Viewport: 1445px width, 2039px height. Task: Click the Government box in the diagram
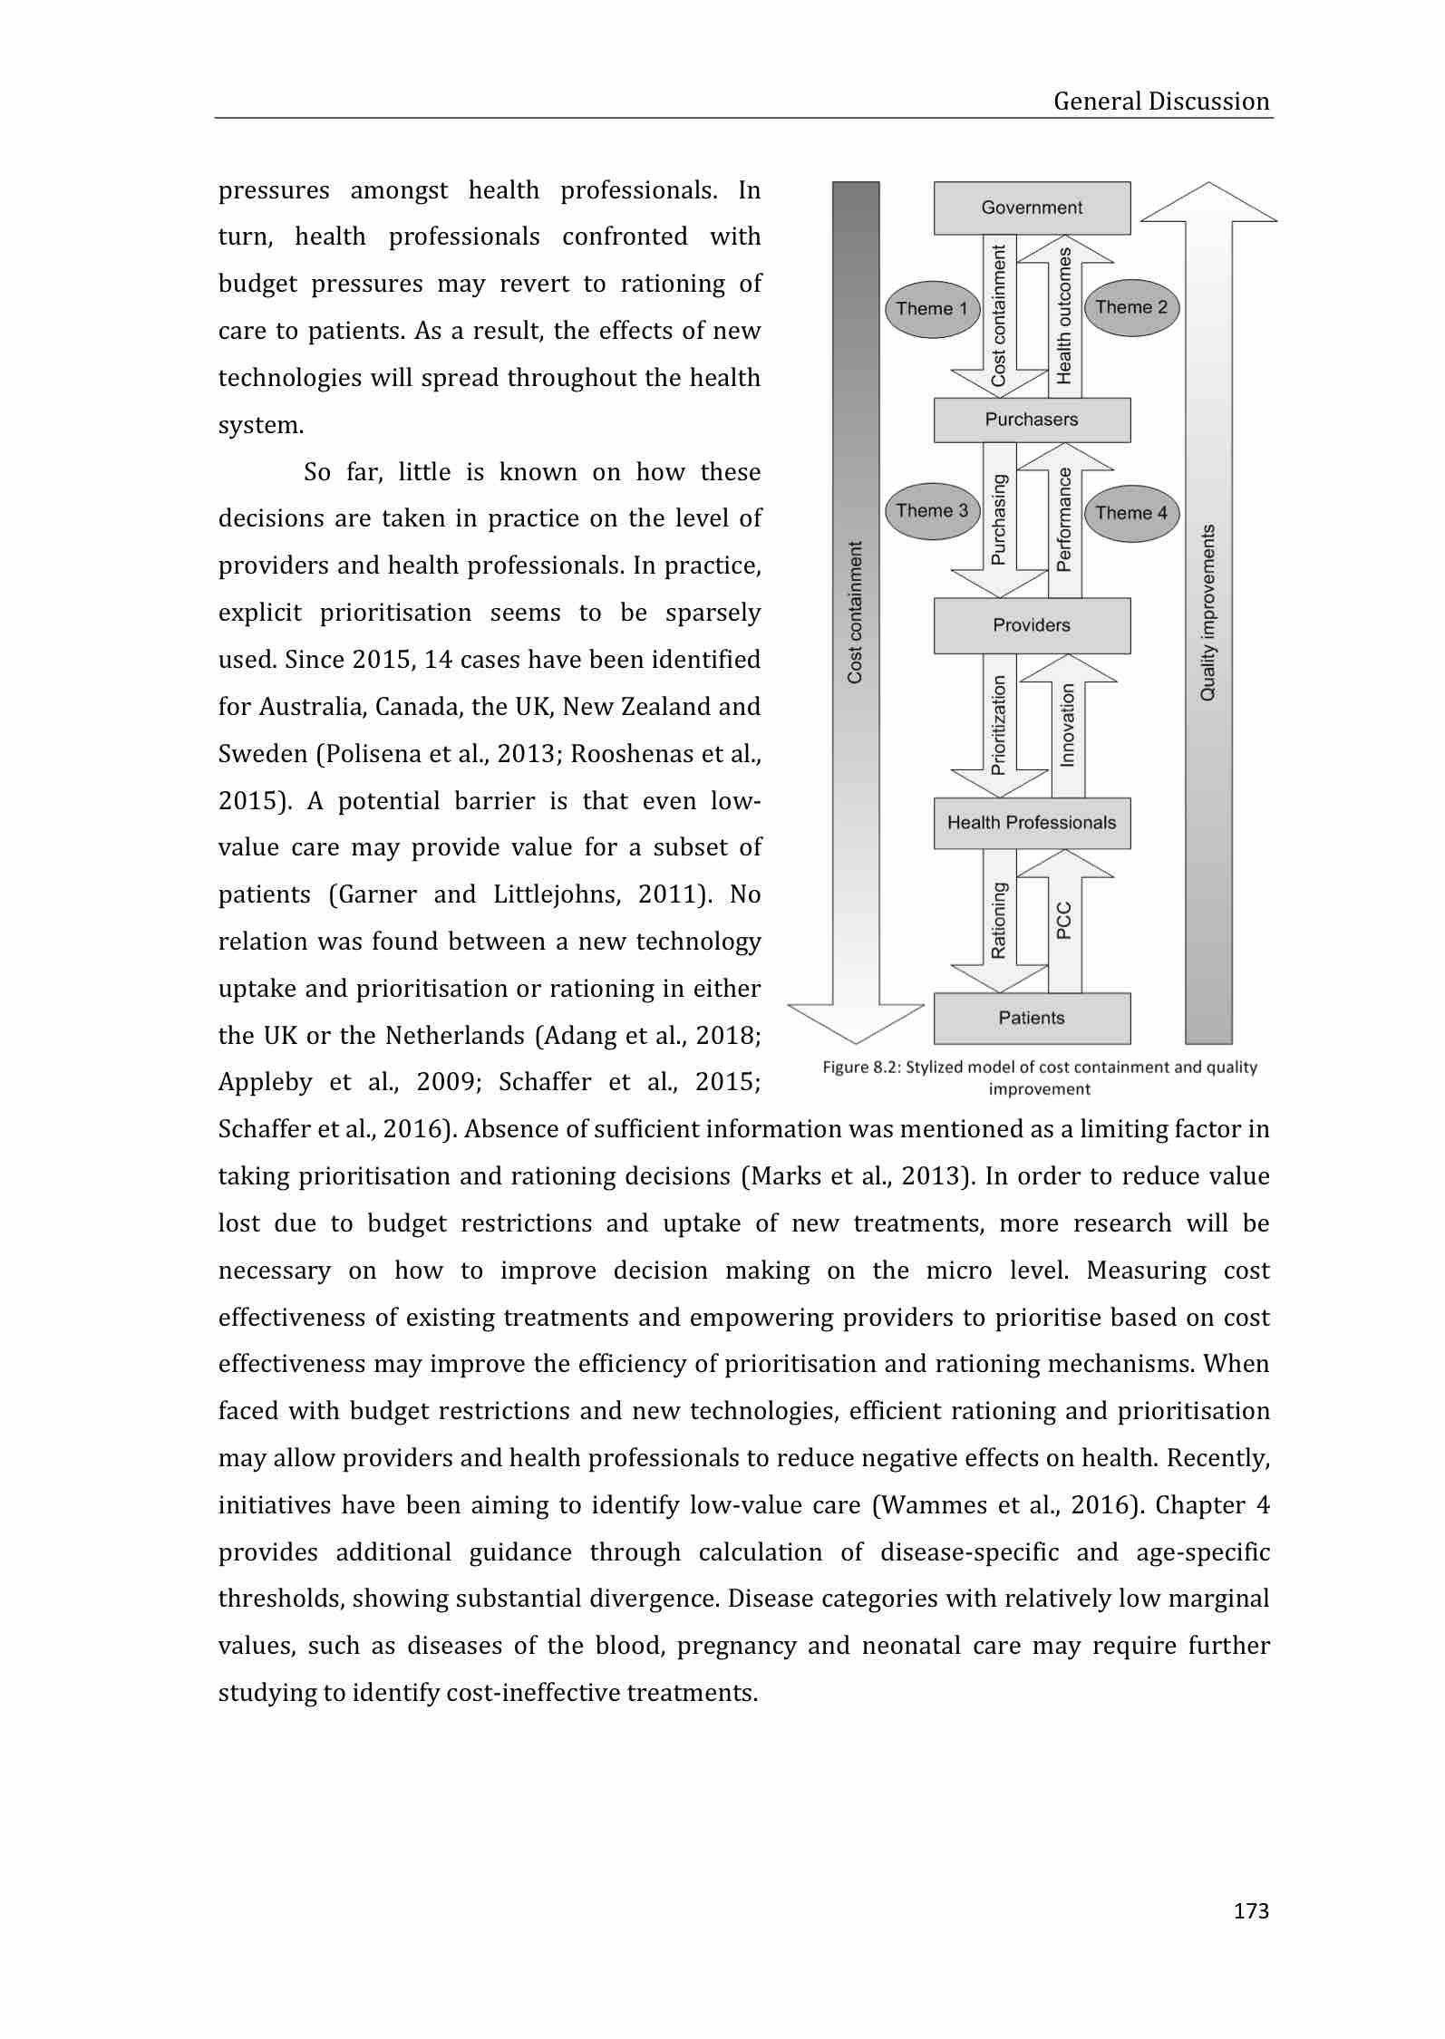click(1032, 208)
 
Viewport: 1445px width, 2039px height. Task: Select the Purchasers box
click(1032, 420)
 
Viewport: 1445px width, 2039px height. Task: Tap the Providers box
click(1032, 625)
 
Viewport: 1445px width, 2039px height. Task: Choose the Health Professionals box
click(1032, 823)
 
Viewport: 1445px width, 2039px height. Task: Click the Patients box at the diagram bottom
click(1032, 1018)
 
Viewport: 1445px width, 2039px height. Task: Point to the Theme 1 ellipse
click(932, 309)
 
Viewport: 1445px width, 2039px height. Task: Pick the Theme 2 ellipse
click(1131, 307)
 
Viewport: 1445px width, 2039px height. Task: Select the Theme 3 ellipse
click(932, 511)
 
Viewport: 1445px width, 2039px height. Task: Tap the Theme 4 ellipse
click(1131, 513)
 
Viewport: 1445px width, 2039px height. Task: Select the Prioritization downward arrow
click(999, 725)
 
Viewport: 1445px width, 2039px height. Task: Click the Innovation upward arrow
click(1066, 725)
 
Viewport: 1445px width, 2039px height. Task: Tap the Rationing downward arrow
click(999, 920)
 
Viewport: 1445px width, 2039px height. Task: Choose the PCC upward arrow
click(1064, 920)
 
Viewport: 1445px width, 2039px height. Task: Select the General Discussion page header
click(1160, 101)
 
